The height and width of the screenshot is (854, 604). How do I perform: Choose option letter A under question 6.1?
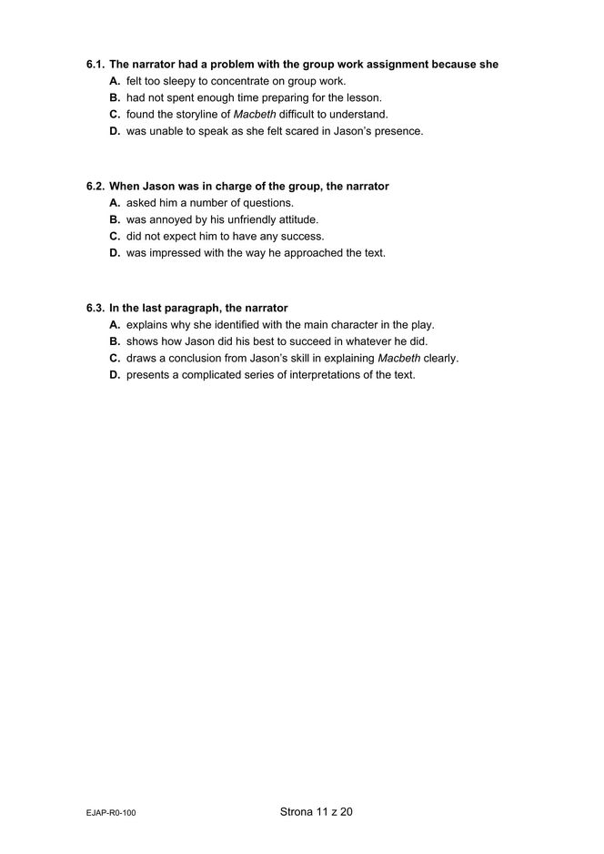point(115,81)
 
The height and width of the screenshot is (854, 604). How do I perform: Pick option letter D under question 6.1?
point(115,131)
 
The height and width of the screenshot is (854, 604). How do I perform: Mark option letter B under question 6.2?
point(115,220)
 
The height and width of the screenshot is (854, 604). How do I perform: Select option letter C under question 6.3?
point(115,359)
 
